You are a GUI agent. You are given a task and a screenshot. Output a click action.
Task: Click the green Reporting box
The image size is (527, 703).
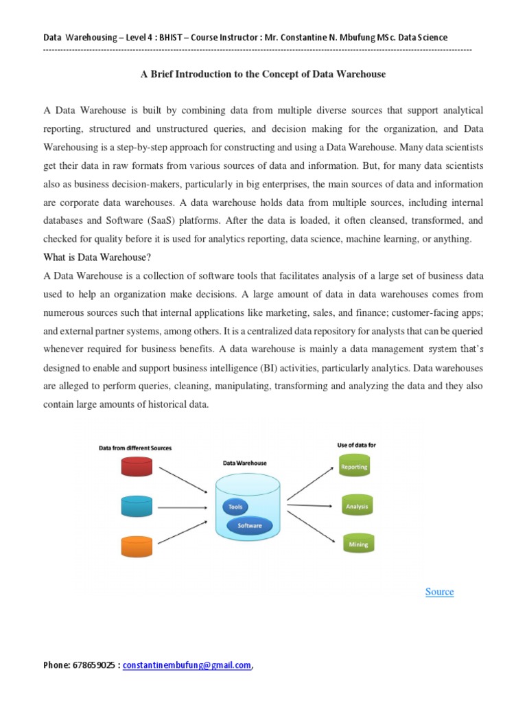point(354,467)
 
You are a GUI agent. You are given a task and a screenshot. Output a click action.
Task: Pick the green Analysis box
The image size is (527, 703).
point(356,507)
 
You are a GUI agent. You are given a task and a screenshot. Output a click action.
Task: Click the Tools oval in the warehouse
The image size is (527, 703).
point(235,507)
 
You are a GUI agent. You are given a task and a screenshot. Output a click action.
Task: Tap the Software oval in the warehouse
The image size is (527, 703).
point(249,525)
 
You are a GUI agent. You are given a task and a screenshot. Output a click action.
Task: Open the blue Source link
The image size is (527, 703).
point(439,592)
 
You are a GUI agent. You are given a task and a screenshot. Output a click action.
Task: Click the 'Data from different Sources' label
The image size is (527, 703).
point(135,448)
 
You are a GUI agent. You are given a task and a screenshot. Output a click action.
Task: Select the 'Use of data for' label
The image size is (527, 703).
point(356,445)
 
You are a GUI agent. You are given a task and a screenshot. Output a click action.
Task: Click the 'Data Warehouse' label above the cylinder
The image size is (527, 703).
point(245,463)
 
